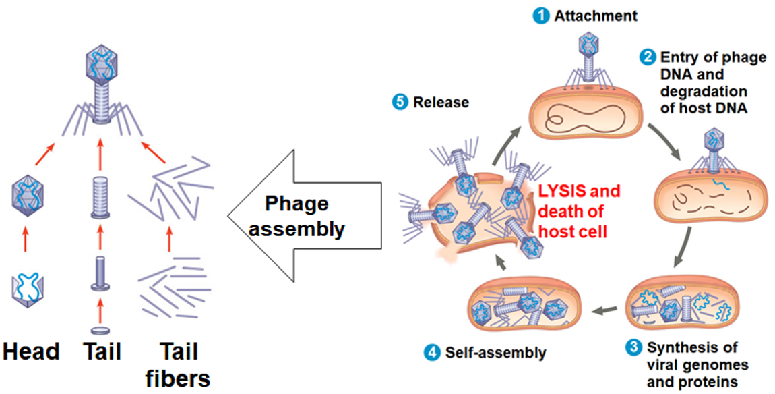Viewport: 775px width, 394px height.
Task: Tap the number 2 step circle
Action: pyautogui.click(x=648, y=57)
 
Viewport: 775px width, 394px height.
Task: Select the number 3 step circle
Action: pyautogui.click(x=633, y=348)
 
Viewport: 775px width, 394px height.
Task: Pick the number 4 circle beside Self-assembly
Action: pyautogui.click(x=433, y=352)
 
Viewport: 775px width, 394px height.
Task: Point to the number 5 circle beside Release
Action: pyautogui.click(x=400, y=103)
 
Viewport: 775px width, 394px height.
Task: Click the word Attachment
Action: pyautogui.click(x=595, y=16)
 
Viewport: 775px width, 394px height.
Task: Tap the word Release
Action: pyautogui.click(x=441, y=103)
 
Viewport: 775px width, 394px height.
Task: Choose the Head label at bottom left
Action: pyautogui.click(x=31, y=351)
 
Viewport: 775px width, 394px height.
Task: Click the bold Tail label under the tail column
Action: pyautogui.click(x=102, y=351)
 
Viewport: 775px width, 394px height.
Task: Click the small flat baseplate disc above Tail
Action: pyautogui.click(x=100, y=330)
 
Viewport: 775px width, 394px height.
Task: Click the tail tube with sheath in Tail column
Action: pyautogui.click(x=100, y=197)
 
